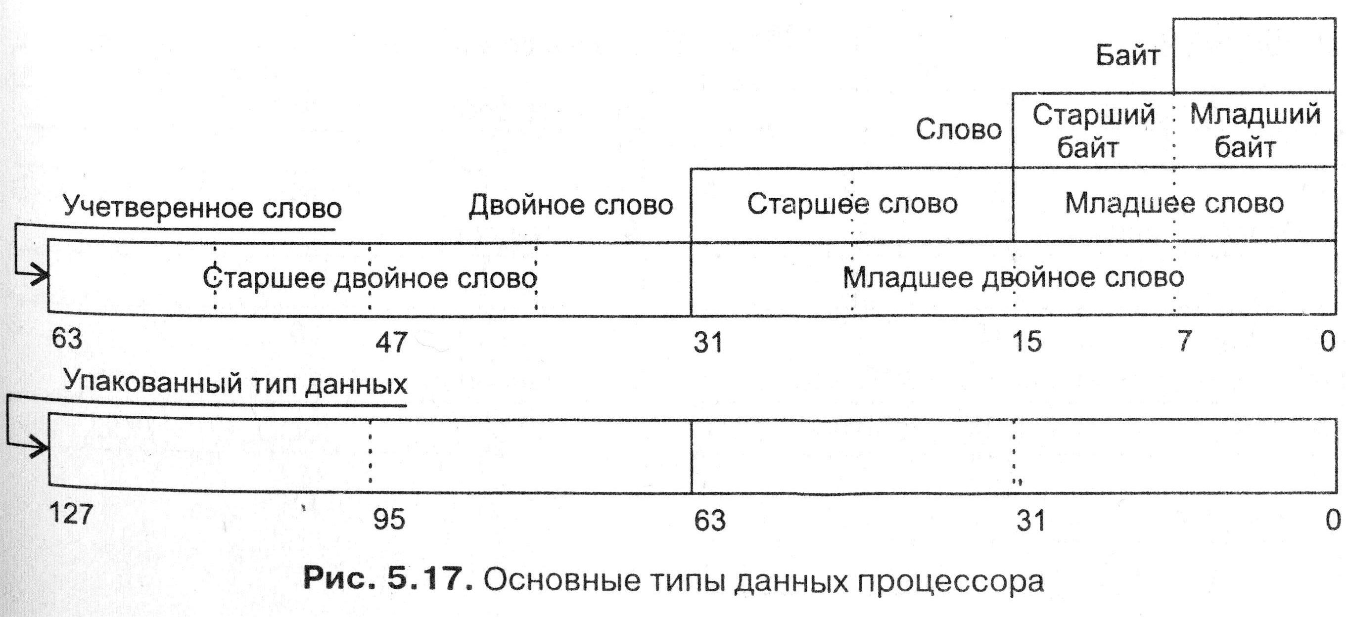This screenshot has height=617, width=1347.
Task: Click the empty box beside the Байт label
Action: pos(1254,56)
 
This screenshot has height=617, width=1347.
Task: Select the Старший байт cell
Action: pos(1093,131)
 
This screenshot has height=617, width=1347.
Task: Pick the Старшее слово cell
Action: pos(852,204)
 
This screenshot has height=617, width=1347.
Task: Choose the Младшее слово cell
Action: pos(1174,204)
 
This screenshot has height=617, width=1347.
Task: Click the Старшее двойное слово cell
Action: pos(370,278)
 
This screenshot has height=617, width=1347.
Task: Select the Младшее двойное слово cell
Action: pos(1013,278)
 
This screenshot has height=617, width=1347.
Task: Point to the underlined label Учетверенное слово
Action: pos(202,208)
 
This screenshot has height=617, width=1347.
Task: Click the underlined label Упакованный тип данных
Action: pos(235,384)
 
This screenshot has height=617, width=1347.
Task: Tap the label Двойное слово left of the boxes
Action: pos(570,205)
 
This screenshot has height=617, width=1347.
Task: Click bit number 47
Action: pos(391,343)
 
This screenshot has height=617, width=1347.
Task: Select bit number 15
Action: pos(1027,342)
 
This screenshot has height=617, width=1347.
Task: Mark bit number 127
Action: pos(71,514)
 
